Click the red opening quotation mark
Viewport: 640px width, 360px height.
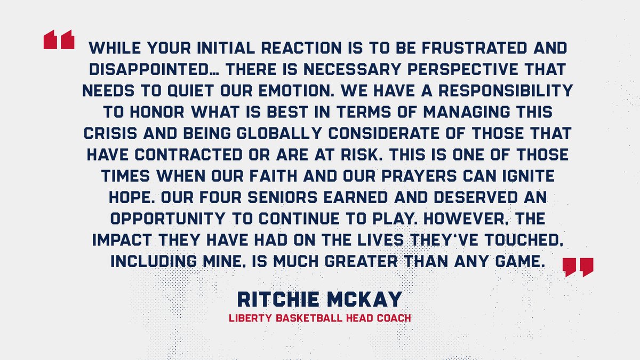pos(59,41)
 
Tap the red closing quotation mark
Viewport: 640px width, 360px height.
pos(578,267)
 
